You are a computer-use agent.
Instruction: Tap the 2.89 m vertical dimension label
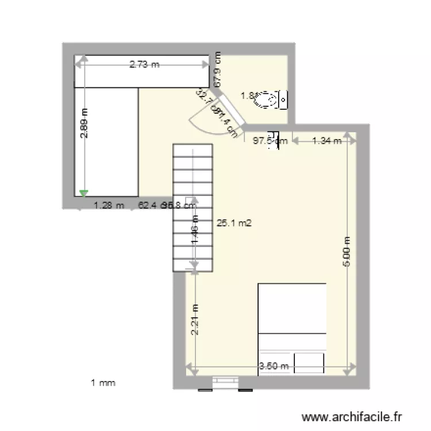pos(84,124)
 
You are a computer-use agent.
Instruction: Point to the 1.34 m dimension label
pos(326,140)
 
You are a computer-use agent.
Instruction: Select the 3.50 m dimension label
pos(274,366)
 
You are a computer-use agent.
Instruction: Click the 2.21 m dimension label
pos(195,320)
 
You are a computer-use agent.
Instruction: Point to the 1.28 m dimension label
pos(109,204)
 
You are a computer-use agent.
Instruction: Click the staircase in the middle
pos(193,207)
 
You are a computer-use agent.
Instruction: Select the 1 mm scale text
pos(103,382)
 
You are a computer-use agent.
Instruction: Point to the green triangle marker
pos(84,194)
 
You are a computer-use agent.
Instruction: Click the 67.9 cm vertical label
pos(218,70)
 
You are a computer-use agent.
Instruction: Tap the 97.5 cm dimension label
pos(270,140)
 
